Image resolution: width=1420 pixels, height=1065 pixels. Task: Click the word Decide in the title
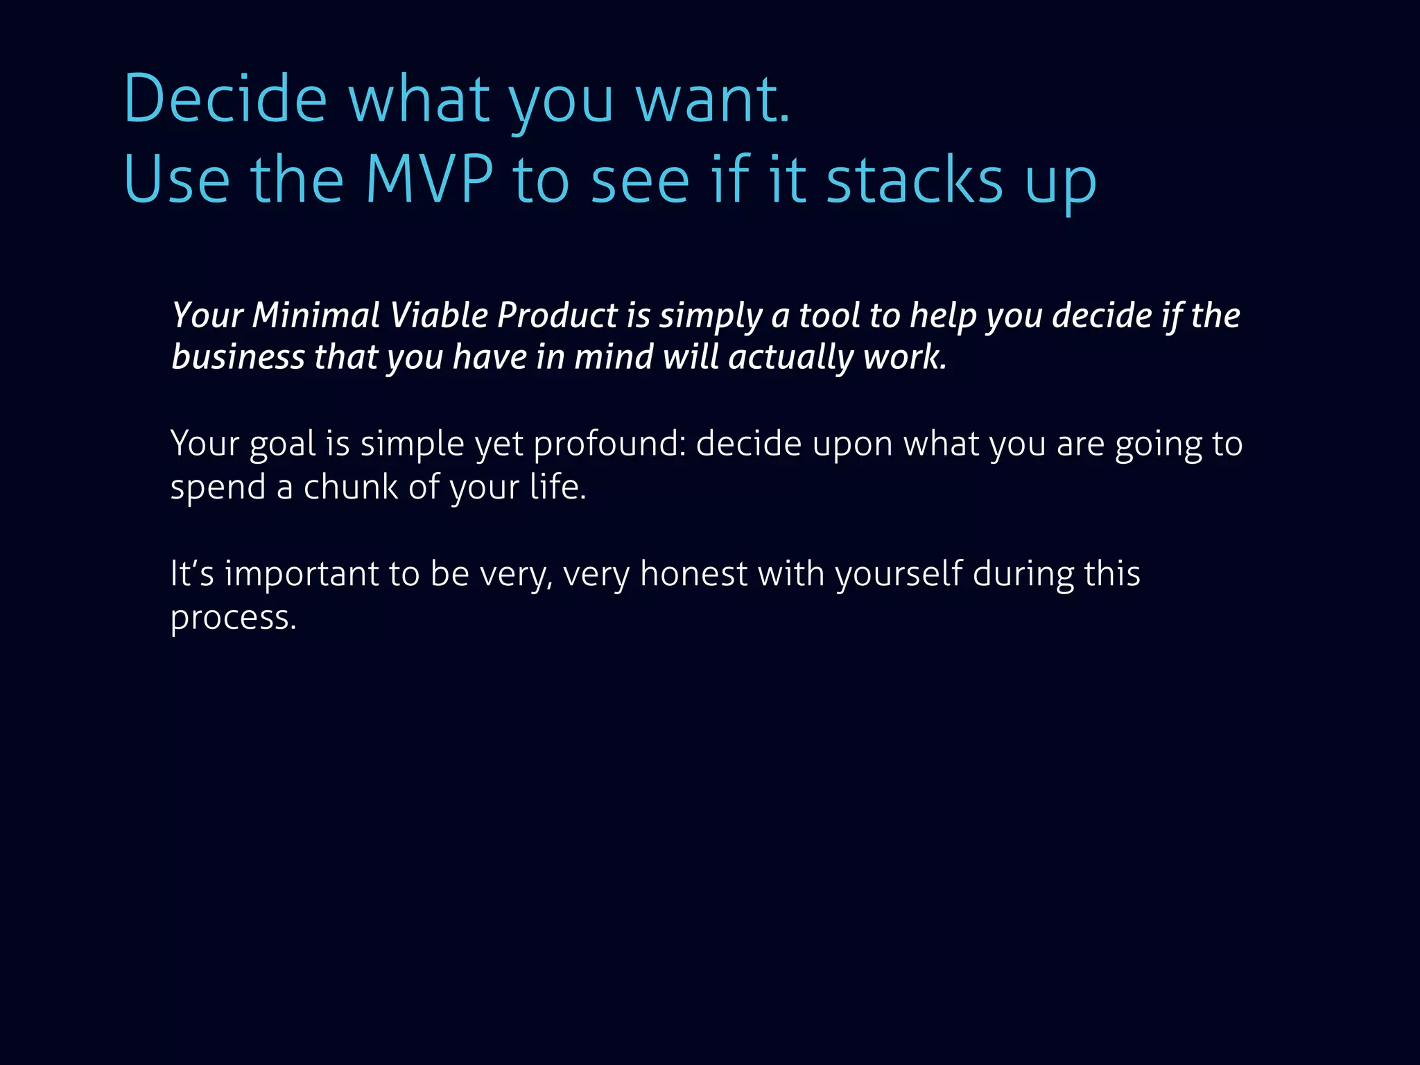225,98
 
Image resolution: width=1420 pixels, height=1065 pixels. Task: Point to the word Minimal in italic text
315,315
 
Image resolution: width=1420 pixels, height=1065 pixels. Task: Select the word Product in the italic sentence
557,315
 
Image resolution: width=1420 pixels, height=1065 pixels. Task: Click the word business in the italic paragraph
238,357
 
